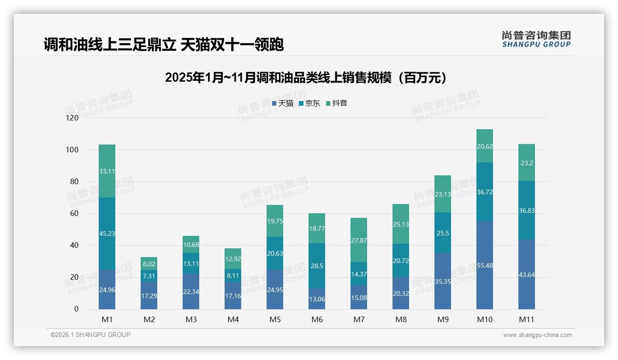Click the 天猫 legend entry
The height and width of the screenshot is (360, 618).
tap(283, 103)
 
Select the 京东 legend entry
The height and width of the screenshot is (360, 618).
tap(309, 103)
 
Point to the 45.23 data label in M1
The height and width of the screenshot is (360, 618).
tap(107, 234)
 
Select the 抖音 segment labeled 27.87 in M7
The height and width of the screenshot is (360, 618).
tap(359, 240)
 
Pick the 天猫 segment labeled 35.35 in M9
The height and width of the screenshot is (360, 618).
tap(443, 281)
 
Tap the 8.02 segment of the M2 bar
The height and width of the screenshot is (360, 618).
tap(149, 264)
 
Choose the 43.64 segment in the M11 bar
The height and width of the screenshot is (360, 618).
tap(527, 275)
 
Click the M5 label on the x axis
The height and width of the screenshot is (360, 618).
tap(275, 319)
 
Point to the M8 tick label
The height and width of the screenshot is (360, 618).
tap(401, 319)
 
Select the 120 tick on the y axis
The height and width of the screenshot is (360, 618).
tap(72, 118)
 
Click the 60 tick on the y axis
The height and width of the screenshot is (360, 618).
tap(74, 214)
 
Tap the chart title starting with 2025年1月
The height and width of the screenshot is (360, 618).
tap(306, 78)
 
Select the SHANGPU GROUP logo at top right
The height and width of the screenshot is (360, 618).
tap(536, 39)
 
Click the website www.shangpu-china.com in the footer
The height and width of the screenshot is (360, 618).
tap(537, 335)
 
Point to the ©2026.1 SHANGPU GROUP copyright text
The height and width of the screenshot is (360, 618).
tap(90, 335)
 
